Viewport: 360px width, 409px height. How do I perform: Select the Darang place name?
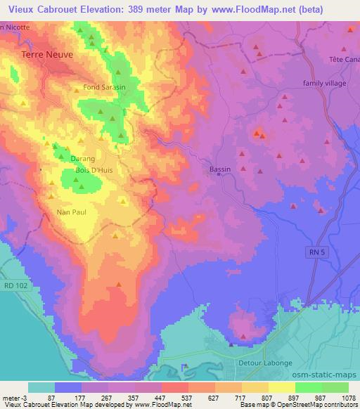[82, 159]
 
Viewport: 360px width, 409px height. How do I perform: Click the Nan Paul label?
[70, 211]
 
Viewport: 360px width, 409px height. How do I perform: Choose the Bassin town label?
[220, 169]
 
